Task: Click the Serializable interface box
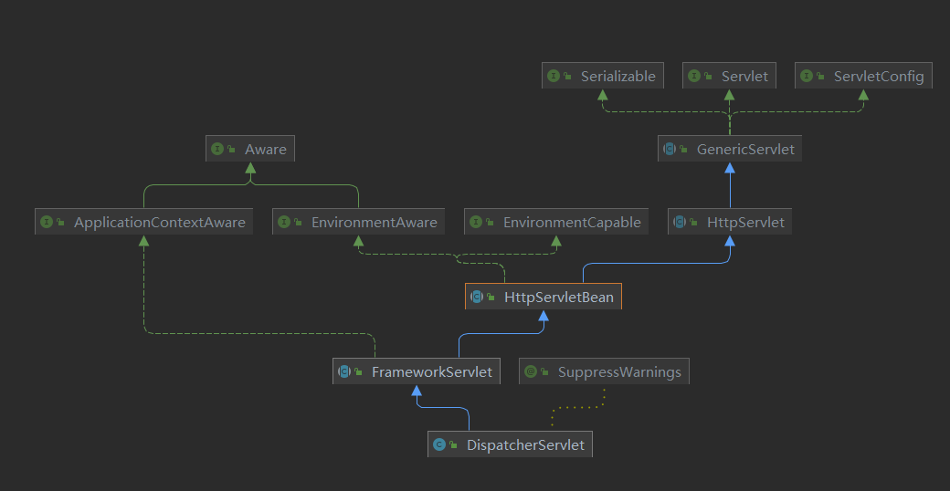coord(601,77)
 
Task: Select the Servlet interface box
coord(729,77)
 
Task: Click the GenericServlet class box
coord(729,149)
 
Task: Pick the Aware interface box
coord(249,149)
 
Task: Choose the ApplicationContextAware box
coord(143,222)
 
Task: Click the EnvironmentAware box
coord(358,222)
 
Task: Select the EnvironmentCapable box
coord(556,222)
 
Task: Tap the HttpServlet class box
coord(729,222)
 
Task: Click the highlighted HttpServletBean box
coord(544,297)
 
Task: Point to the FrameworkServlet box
coord(417,371)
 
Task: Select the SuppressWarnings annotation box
coord(604,371)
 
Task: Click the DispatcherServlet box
coord(510,444)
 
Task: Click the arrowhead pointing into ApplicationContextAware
coord(143,241)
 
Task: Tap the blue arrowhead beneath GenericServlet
coord(729,168)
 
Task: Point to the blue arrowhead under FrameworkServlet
coord(417,391)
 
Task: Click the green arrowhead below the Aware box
coord(249,168)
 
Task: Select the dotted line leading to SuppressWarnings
coord(575,406)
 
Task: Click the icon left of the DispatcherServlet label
coord(439,444)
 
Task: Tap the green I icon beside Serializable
coord(554,77)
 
